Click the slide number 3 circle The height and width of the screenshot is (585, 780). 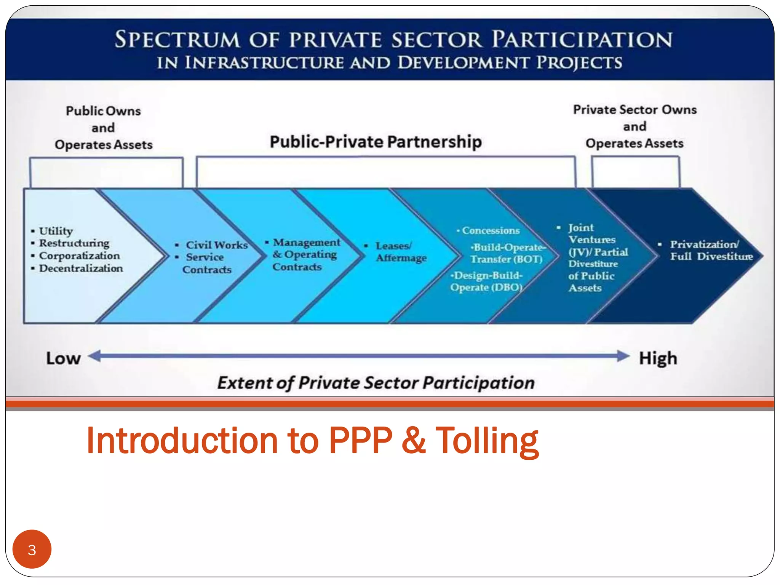tap(32, 549)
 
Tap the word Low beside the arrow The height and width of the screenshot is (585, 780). tap(63, 358)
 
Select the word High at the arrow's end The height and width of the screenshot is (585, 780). tap(658, 358)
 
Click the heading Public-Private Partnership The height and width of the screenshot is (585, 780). tap(376, 142)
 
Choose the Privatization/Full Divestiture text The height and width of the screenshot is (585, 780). tap(711, 250)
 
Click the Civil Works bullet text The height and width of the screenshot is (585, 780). tap(216, 245)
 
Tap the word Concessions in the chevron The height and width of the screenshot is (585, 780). tap(491, 230)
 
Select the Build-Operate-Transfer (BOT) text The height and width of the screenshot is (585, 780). tap(507, 253)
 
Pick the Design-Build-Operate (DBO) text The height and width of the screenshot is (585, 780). tap(486, 281)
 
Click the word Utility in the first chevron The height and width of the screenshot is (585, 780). tap(56, 231)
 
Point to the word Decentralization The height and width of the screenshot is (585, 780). tap(81, 268)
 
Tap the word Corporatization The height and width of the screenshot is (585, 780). tap(79, 256)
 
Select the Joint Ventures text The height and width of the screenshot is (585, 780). tap(591, 233)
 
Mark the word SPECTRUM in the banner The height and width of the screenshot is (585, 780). tap(177, 40)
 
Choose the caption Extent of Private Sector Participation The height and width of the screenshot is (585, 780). tap(376, 383)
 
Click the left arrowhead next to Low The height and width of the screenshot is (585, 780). tap(95, 356)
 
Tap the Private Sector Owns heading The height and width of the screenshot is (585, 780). tap(635, 110)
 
